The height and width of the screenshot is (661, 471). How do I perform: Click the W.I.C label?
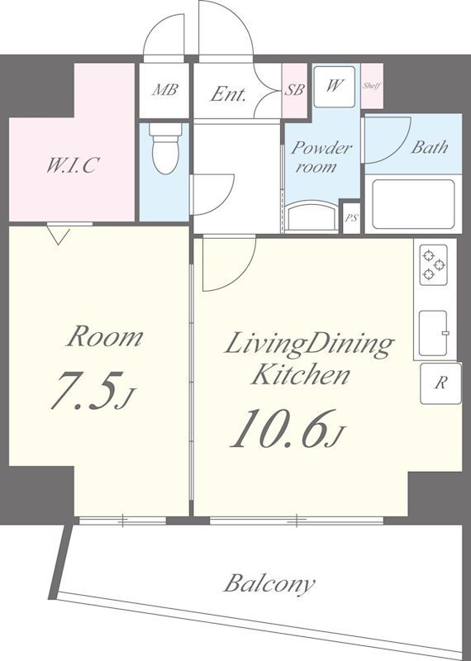pos(73,164)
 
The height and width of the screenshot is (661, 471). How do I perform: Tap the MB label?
pos(165,89)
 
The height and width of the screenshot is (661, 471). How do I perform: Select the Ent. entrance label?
pos(228,93)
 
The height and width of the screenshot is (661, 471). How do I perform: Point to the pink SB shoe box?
pos(294,91)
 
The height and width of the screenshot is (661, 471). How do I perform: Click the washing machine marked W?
pos(334,87)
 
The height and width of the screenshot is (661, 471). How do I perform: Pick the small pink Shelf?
pos(372,86)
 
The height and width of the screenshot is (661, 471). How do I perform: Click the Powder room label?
pos(321,157)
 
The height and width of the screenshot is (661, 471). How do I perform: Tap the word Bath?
pos(429,147)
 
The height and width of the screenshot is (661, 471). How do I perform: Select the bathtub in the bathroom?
pos(413,204)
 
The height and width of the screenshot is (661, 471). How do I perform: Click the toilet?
pos(165,149)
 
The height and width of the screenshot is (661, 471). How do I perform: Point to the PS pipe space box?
pos(351,218)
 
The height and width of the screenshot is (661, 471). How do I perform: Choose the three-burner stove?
pos(433,264)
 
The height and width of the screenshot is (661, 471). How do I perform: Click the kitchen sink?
pos(433,333)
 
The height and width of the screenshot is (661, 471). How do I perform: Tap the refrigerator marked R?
pos(440,383)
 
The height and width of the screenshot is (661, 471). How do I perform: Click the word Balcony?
pos(269,584)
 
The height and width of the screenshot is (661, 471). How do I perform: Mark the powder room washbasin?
pos(312,216)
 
